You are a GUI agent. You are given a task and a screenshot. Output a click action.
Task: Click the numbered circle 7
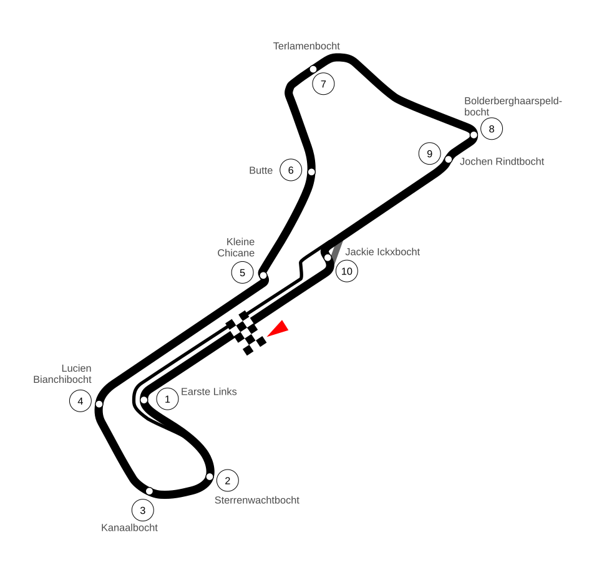(323, 84)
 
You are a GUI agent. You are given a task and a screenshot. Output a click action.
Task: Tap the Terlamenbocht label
(306, 46)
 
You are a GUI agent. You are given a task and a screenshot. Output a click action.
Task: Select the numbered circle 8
(492, 129)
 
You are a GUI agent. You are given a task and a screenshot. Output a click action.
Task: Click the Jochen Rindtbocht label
(502, 161)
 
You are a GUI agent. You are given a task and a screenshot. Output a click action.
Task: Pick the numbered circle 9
(429, 153)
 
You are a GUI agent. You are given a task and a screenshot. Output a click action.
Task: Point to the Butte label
(261, 170)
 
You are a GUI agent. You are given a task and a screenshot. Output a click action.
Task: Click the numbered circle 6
(291, 170)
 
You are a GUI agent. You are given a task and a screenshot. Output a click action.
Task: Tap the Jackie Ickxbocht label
(382, 252)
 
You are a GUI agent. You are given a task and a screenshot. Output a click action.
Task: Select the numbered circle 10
(347, 271)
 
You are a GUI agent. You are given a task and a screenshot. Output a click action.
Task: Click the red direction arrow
(278, 329)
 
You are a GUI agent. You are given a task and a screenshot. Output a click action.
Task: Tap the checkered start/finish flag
(246, 333)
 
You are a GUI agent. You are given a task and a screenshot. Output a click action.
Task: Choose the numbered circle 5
(243, 272)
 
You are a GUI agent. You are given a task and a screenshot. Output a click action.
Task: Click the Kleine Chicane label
(236, 248)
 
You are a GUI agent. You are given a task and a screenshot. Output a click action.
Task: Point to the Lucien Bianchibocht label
(63, 374)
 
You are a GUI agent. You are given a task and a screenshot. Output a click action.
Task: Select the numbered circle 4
(80, 401)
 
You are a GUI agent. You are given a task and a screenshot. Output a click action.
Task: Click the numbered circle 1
(167, 399)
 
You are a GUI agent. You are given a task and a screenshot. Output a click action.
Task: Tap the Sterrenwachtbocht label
(257, 500)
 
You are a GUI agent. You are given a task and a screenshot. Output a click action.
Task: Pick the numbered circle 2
(228, 480)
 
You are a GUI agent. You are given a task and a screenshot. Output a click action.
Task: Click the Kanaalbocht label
(130, 528)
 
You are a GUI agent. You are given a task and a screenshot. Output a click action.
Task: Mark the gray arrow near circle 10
(337, 251)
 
